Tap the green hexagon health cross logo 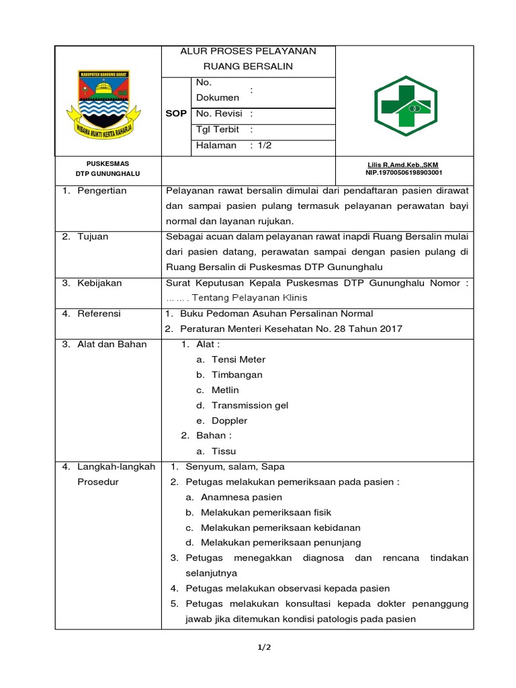coord(404,101)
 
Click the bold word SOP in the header coord(176,114)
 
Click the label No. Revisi coord(218,114)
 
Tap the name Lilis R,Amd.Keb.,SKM coord(403,165)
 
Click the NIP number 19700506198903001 coord(404,173)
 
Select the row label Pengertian coord(101,191)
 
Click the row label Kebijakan coord(99,283)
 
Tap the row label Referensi coord(99,313)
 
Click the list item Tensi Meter coord(239,359)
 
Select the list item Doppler coord(230,421)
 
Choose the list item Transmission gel coord(250,405)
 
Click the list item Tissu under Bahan coord(224,451)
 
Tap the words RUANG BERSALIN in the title coord(249,67)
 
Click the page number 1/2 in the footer coord(263,648)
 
